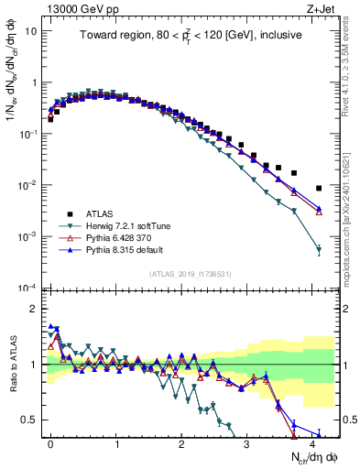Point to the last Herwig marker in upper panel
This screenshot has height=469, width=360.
click(319, 249)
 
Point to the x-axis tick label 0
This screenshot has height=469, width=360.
click(50, 443)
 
